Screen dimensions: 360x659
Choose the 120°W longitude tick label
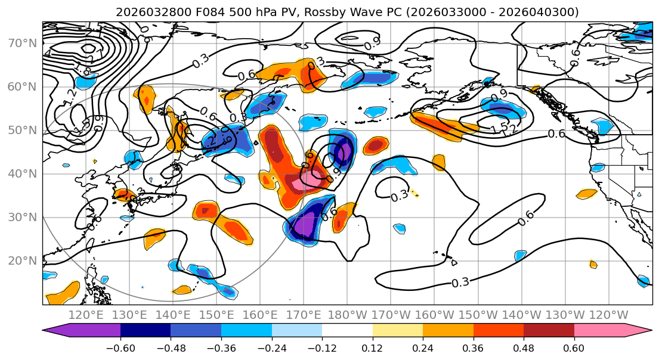point(609,314)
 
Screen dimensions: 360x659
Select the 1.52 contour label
point(502,128)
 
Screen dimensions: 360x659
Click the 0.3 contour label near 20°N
point(460,282)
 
